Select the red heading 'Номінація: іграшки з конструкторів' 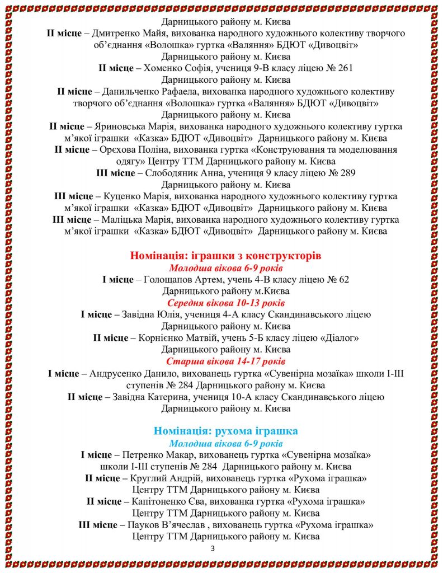[x=226, y=256]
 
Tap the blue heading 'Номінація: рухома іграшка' [x=226, y=431]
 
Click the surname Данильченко [x=131, y=92]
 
